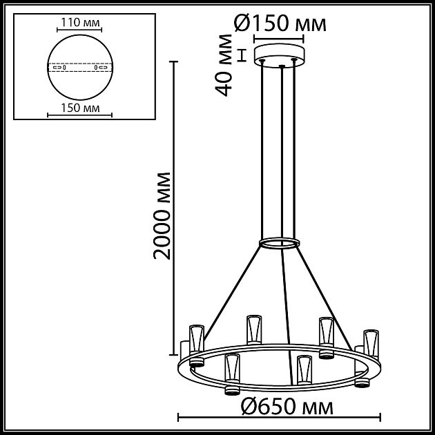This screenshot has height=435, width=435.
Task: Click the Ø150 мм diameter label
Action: tap(280, 24)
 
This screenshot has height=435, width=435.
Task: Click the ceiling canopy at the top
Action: tap(280, 54)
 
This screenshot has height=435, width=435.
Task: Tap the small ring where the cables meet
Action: tap(280, 243)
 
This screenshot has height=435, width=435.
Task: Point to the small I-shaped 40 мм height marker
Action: tap(242, 55)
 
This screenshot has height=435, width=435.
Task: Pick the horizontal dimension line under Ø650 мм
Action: tap(280, 417)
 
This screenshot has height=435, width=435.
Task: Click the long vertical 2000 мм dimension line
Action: tap(173, 207)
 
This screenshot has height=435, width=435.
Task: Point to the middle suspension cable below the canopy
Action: tap(282, 152)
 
